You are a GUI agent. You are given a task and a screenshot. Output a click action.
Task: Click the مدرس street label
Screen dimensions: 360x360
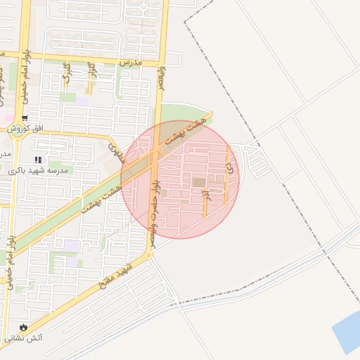pos(131,63)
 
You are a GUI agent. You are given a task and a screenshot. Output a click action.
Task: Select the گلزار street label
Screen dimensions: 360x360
pos(91,70)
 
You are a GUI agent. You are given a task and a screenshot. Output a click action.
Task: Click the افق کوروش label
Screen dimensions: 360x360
pos(25,129)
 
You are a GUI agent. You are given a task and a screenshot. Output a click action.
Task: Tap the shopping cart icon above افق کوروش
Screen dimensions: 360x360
pos(25,118)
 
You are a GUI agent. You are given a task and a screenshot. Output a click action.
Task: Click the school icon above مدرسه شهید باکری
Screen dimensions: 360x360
pos(38,160)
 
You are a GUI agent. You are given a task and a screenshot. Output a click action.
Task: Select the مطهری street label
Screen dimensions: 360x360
pos(117,150)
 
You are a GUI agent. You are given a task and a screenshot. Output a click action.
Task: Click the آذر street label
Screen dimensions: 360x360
pos(206,198)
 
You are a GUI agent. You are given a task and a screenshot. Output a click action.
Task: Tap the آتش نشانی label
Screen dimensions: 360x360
pos(25,338)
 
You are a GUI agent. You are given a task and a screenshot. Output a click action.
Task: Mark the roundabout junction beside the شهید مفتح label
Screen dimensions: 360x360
pos(149,255)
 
